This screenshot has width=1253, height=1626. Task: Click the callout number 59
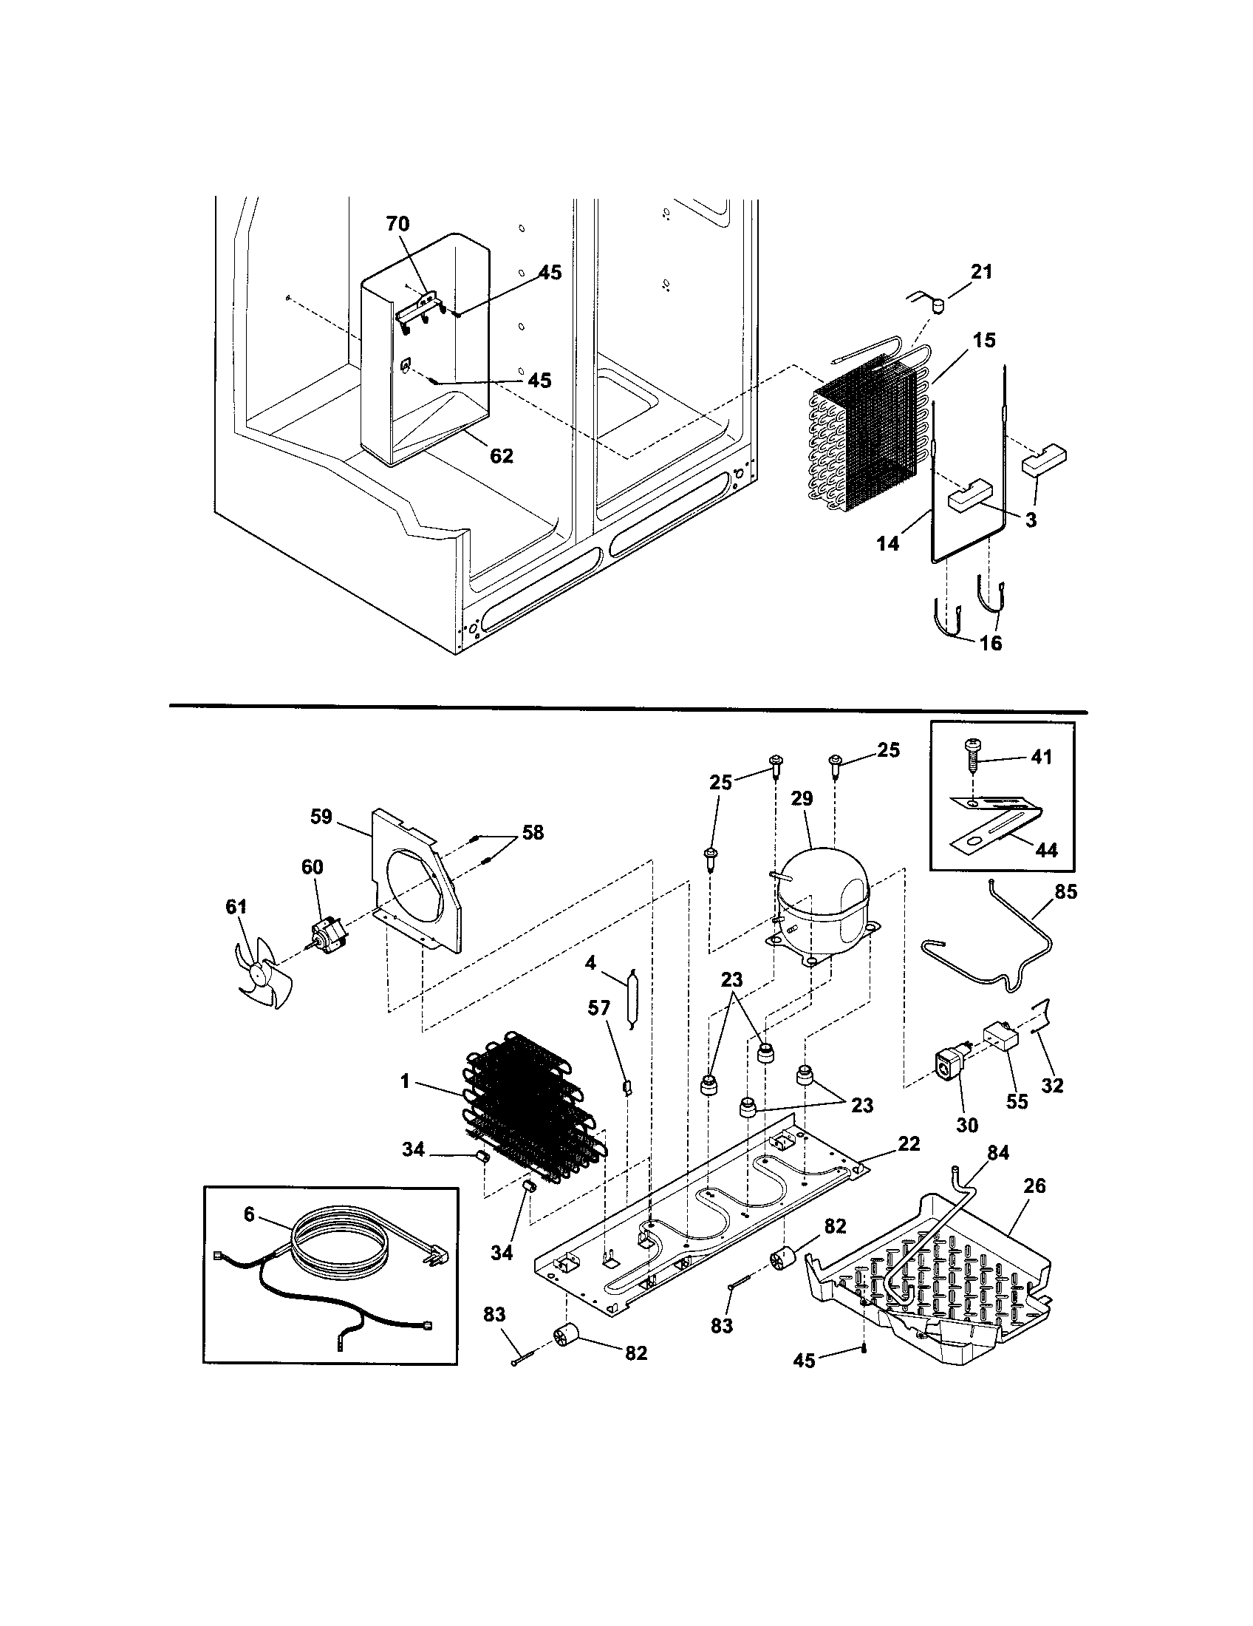pyautogui.click(x=321, y=817)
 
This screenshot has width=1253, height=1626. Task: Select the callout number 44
pyautogui.click(x=1047, y=849)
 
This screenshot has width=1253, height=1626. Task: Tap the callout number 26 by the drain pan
pyautogui.click(x=1035, y=1186)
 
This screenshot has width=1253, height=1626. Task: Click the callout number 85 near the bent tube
pyautogui.click(x=1066, y=891)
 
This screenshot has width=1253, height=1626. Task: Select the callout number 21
pyautogui.click(x=981, y=272)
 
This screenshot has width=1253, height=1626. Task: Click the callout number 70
pyautogui.click(x=397, y=223)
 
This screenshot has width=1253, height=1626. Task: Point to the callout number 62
pyautogui.click(x=502, y=455)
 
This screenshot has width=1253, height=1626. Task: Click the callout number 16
pyautogui.click(x=991, y=642)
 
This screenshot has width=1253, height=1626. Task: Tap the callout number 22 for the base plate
pyautogui.click(x=909, y=1143)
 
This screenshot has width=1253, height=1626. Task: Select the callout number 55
pyautogui.click(x=1017, y=1101)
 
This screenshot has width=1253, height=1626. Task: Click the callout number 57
pyautogui.click(x=598, y=1009)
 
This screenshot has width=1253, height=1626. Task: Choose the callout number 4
pyautogui.click(x=590, y=962)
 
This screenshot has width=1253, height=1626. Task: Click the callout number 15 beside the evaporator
pyautogui.click(x=983, y=339)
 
